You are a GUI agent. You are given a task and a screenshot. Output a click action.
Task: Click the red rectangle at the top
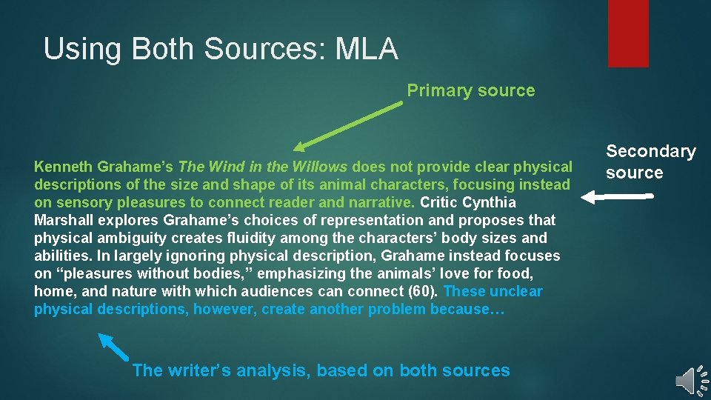coord(627,33)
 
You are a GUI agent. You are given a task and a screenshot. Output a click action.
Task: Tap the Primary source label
coord(470,90)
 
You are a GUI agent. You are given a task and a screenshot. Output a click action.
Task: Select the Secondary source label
coord(650,161)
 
